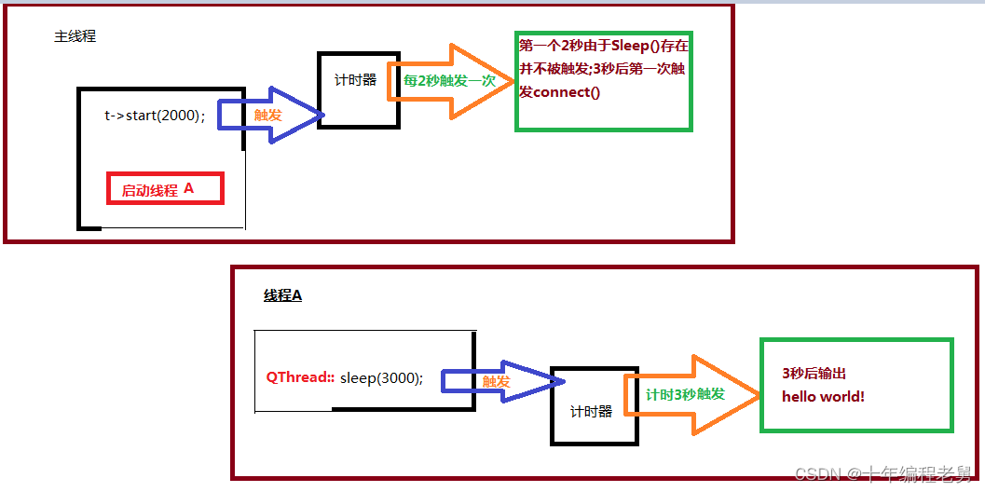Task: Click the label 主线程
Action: pyautogui.click(x=75, y=37)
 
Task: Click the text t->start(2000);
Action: pyautogui.click(x=155, y=116)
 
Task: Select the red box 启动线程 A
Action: pyautogui.click(x=165, y=189)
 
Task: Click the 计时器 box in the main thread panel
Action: pyautogui.click(x=358, y=89)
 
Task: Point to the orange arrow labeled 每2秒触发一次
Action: pyautogui.click(x=457, y=81)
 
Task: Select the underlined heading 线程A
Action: pyautogui.click(x=282, y=295)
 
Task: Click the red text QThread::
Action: pyautogui.click(x=300, y=377)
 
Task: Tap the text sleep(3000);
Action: pyautogui.click(x=381, y=377)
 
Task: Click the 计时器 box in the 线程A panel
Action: pyautogui.click(x=593, y=405)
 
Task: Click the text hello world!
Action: pyautogui.click(x=823, y=396)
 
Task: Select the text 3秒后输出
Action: pyautogui.click(x=814, y=373)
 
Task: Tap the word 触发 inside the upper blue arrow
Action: pyautogui.click(x=268, y=115)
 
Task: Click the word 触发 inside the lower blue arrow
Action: pyautogui.click(x=496, y=381)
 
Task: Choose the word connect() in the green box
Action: pyautogui.click(x=567, y=92)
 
